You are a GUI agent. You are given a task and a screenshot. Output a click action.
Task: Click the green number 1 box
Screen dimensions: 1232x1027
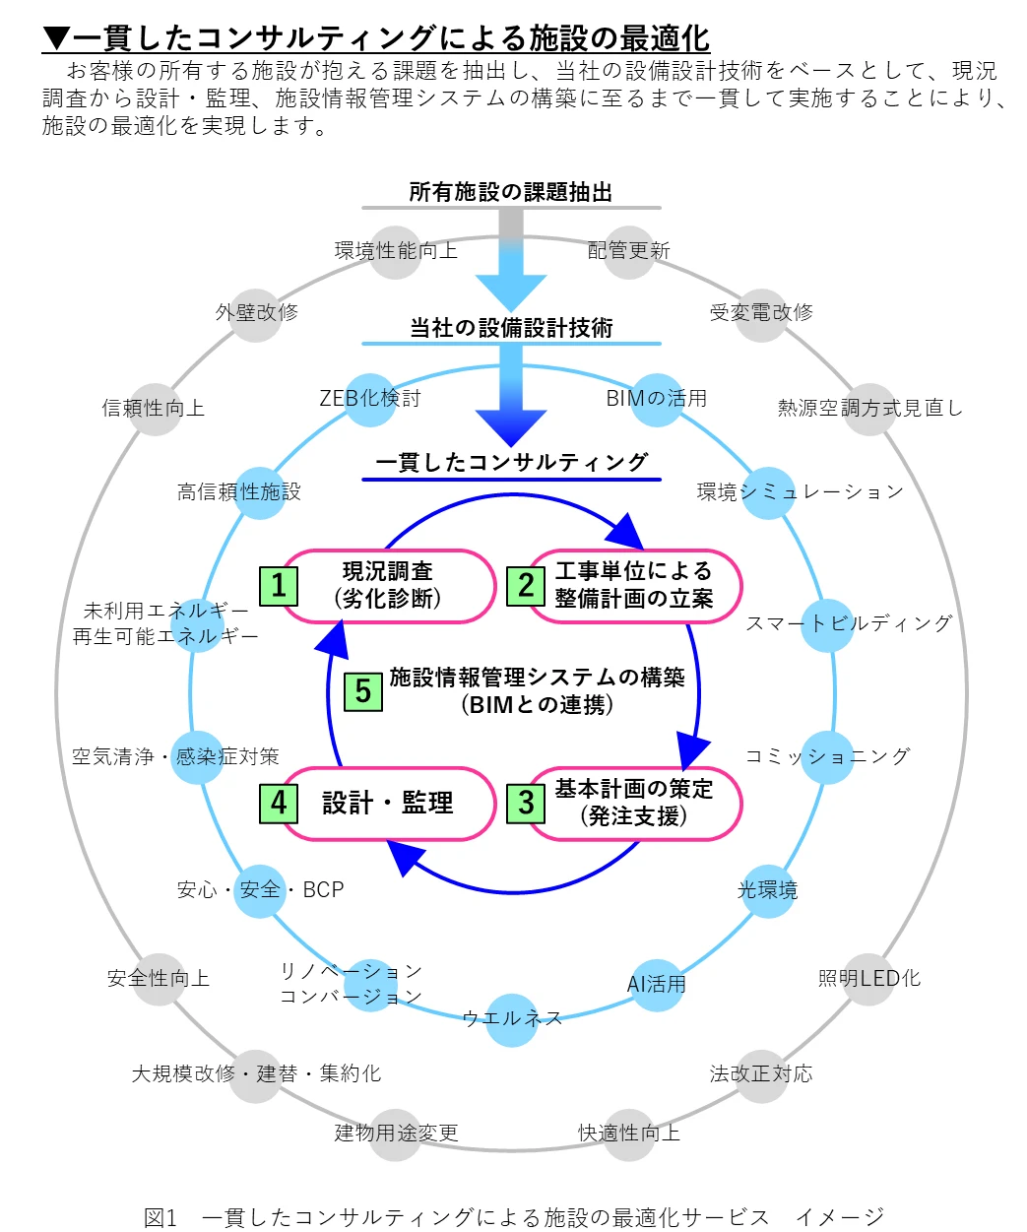tap(279, 586)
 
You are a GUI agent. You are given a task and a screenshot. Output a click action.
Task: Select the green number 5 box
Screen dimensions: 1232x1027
tap(362, 691)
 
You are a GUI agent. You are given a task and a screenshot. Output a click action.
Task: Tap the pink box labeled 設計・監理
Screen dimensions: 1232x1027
tap(388, 804)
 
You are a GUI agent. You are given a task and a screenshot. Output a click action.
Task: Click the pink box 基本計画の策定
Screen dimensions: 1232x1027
tap(634, 804)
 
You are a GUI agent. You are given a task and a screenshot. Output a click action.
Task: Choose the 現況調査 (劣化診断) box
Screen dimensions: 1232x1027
tap(388, 586)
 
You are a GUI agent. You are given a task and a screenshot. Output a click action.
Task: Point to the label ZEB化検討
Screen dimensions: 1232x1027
tap(370, 399)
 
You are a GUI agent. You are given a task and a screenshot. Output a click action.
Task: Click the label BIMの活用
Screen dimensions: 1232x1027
tap(657, 399)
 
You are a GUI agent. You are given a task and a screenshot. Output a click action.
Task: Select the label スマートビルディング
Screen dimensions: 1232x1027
tap(849, 623)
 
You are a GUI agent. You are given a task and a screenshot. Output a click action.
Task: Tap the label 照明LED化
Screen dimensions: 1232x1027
tap(869, 979)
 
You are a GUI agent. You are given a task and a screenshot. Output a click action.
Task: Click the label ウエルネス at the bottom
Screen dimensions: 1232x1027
tap(512, 1018)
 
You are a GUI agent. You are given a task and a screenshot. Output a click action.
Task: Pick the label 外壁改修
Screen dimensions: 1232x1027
tap(257, 313)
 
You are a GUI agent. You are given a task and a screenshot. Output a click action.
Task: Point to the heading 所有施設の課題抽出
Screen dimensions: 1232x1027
tap(511, 192)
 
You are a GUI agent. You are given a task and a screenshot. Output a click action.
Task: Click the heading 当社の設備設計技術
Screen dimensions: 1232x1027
tap(511, 328)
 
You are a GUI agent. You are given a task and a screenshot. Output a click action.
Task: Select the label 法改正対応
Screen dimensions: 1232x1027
tap(761, 1073)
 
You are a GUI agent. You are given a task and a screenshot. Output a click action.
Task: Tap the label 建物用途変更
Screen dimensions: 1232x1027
tap(396, 1134)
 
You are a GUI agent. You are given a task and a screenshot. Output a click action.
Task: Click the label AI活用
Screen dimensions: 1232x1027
tap(657, 984)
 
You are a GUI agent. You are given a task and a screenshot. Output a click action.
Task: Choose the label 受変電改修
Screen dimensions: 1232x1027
tap(761, 313)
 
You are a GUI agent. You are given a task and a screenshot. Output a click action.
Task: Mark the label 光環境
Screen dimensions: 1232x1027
tap(768, 890)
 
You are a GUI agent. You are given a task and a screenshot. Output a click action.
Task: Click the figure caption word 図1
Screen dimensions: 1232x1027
tap(160, 1218)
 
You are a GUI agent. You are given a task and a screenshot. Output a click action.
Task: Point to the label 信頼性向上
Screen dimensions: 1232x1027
tap(154, 409)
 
